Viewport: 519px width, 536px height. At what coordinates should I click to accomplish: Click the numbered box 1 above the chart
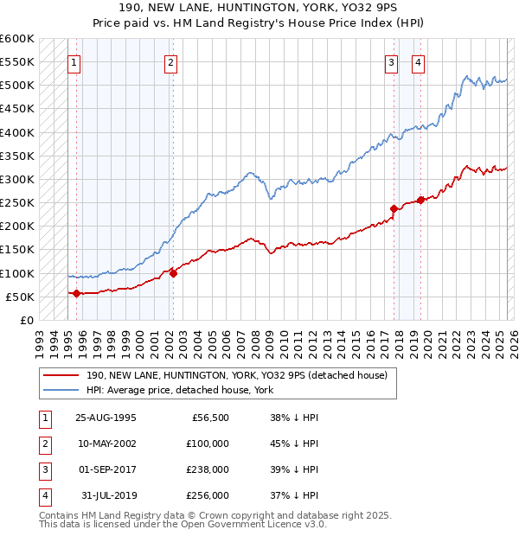click(x=74, y=61)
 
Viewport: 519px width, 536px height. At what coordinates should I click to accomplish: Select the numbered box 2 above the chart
click(x=171, y=61)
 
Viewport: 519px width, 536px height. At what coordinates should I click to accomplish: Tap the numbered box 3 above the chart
click(x=392, y=61)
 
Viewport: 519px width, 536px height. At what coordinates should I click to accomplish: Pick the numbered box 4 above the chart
click(x=418, y=61)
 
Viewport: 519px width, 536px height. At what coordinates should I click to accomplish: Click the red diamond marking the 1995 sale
click(x=76, y=293)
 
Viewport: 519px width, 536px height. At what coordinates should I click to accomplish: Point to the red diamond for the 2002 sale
click(x=173, y=273)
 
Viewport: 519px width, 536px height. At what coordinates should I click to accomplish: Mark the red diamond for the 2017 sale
click(x=394, y=208)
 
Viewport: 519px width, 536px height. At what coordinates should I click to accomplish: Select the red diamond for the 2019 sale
click(x=420, y=200)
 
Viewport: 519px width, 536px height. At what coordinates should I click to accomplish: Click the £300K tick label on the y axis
click(x=17, y=179)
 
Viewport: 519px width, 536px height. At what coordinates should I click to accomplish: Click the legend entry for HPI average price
click(x=179, y=390)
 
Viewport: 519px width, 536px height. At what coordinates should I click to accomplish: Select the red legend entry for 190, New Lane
click(x=241, y=375)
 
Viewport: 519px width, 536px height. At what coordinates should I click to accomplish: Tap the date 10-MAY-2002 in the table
click(x=106, y=443)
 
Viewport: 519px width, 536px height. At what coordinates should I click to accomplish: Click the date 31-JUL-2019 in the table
click(x=107, y=495)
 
